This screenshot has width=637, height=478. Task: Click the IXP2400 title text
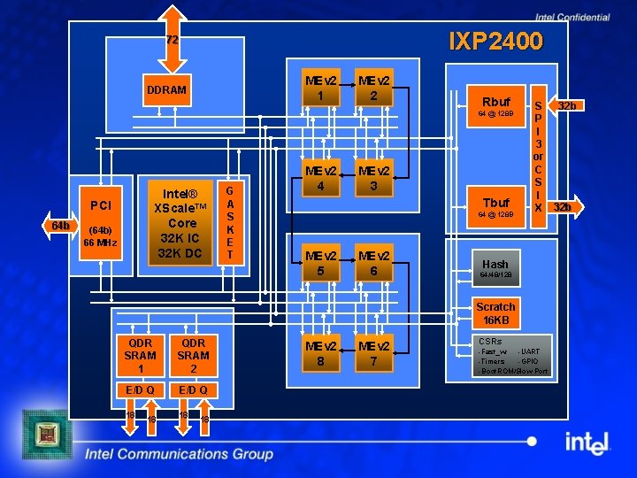[495, 42]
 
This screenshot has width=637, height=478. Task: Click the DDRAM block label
[166, 90]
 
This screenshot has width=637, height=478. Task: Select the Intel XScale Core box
[181, 223]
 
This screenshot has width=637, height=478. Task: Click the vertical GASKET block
[229, 223]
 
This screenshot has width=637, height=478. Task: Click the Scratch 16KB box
[495, 313]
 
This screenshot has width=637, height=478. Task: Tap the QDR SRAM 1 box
[141, 355]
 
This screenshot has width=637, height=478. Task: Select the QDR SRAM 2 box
[193, 355]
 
